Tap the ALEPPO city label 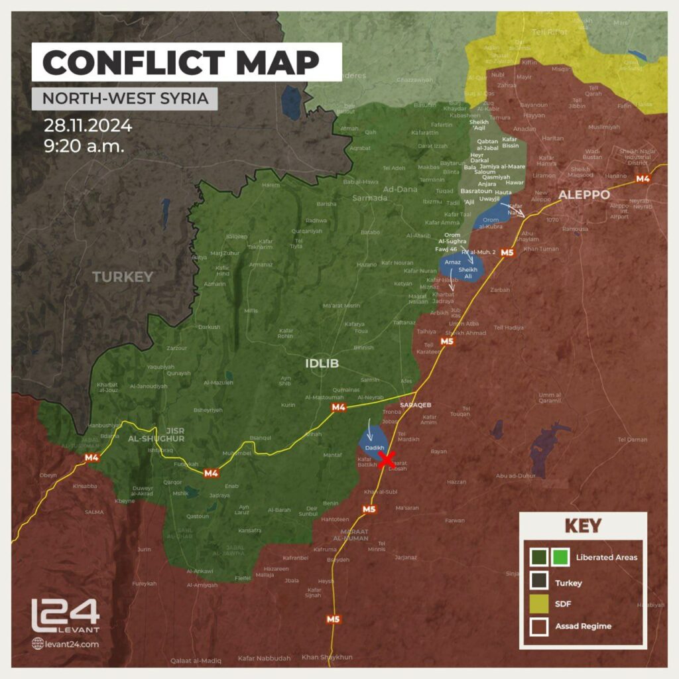(584, 195)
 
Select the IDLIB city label (322, 363)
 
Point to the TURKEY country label (123, 277)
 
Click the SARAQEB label (416, 404)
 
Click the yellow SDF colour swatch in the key (539, 603)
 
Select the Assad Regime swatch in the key (539, 626)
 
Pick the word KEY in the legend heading (582, 526)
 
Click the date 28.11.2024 (88, 125)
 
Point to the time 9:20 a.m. (84, 146)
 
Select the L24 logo (65, 615)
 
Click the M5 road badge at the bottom (333, 619)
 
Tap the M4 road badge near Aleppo (643, 178)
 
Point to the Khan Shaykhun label (327, 657)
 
